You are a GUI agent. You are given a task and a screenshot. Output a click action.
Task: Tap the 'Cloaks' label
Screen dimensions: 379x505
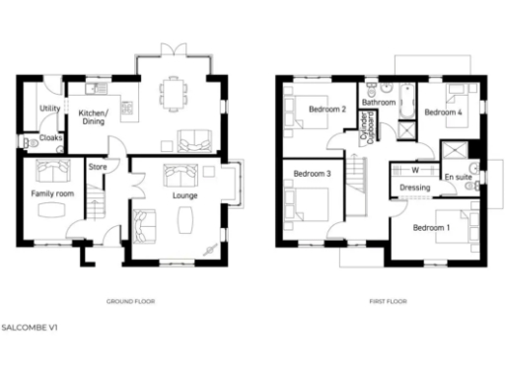tap(50, 138)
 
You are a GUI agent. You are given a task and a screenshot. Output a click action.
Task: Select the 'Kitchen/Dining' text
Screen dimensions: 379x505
tap(93, 117)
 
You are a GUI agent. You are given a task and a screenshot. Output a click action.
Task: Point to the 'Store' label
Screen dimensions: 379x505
tap(98, 167)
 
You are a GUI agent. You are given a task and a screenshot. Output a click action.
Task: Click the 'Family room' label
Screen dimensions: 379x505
tap(52, 194)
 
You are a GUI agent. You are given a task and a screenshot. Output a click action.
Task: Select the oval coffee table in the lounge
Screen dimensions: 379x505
tap(184, 223)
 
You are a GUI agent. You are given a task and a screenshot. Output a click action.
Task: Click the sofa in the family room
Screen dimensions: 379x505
tap(50, 169)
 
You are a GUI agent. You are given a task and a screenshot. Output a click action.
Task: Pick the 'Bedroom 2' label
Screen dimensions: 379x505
tap(326, 109)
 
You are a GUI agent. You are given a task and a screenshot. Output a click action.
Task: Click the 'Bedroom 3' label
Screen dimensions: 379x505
tap(313, 175)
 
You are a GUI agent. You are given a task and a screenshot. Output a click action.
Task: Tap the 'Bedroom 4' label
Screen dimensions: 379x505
tap(443, 113)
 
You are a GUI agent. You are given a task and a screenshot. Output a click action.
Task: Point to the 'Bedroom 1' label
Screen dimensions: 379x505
tap(431, 229)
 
